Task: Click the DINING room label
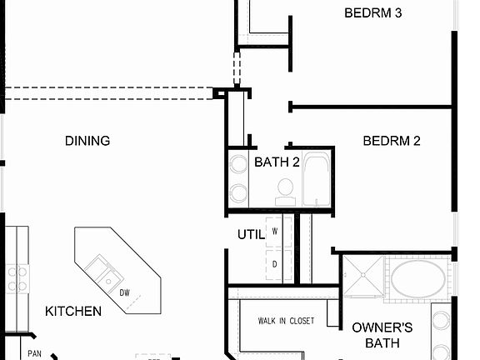[87, 141]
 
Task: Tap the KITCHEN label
[73, 311]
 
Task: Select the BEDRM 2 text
[392, 141]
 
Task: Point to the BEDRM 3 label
[373, 12]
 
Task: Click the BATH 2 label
[277, 162]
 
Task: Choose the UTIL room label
[250, 234]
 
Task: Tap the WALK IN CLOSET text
[286, 321]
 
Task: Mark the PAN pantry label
[35, 353]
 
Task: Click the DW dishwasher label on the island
[125, 292]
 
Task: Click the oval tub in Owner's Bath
[420, 280]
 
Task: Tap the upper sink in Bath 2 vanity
[238, 163]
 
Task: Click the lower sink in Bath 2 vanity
[238, 193]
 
